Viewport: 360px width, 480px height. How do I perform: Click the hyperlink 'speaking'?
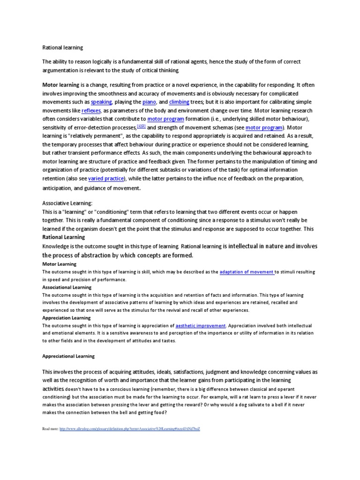(101, 102)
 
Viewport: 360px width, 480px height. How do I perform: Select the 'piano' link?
(149, 102)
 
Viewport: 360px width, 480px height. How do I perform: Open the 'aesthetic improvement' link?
(201, 325)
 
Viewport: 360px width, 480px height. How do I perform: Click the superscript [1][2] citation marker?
(141, 127)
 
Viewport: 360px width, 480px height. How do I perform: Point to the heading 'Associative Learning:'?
(67, 203)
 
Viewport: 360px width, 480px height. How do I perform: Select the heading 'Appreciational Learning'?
(68, 356)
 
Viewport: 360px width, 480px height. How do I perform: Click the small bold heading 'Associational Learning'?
(67, 287)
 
